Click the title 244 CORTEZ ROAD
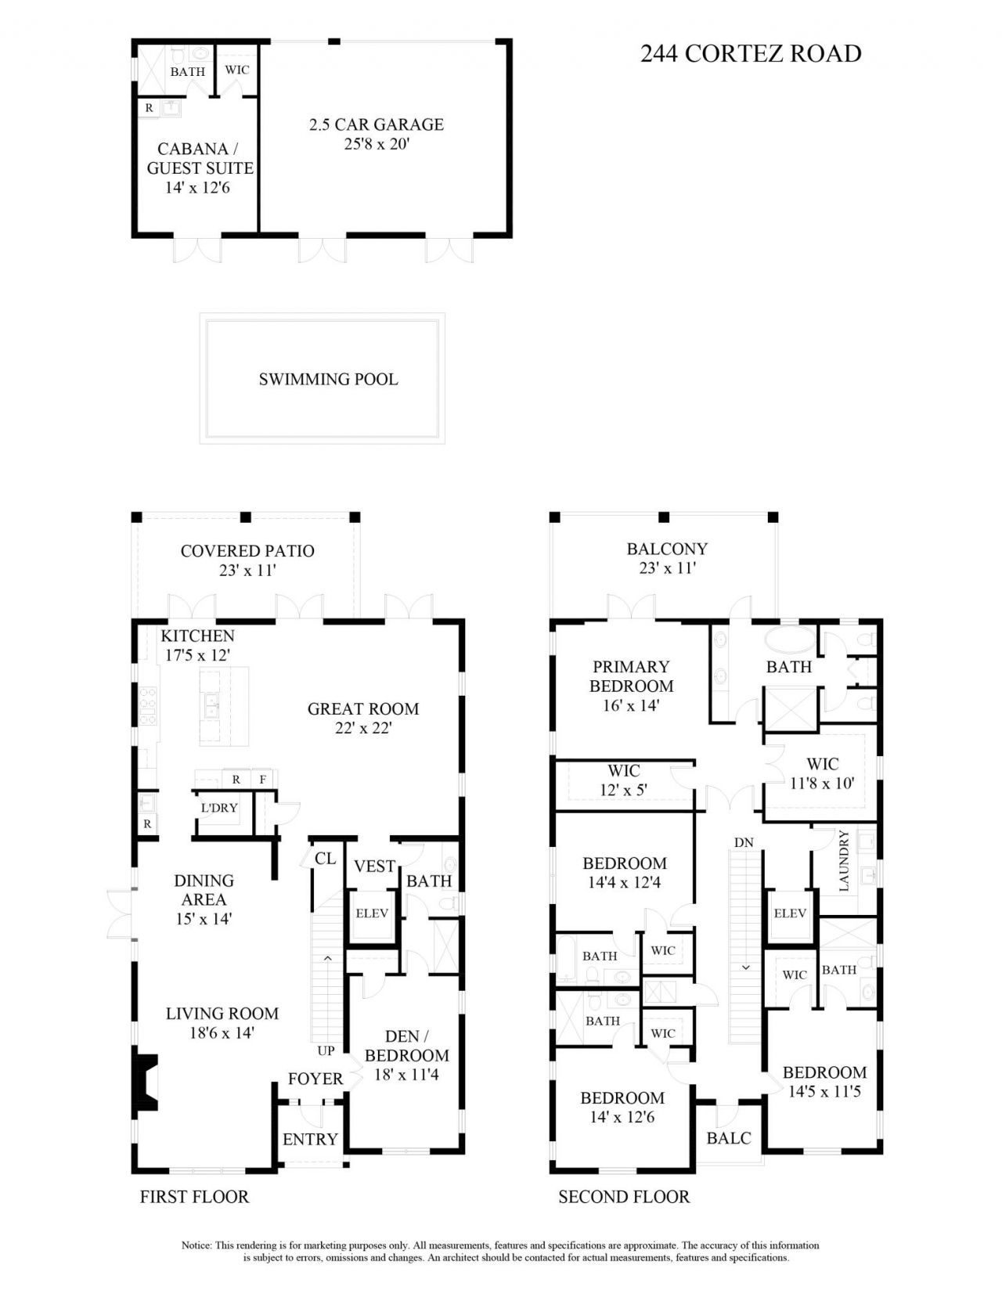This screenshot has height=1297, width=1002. (x=750, y=53)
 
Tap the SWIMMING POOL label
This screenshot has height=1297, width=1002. (x=328, y=380)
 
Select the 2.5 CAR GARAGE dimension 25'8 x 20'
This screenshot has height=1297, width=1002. (x=377, y=144)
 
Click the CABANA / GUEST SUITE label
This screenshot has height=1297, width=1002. (x=200, y=158)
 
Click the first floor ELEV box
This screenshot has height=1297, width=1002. (x=372, y=913)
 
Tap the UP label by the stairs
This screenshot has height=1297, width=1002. (x=326, y=1050)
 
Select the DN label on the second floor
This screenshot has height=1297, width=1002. (x=744, y=843)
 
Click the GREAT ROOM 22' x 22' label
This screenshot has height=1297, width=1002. (x=362, y=718)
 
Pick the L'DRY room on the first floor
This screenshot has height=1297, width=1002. (x=219, y=808)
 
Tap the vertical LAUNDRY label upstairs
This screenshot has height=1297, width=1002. (x=844, y=861)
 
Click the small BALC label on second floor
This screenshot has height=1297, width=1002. (x=728, y=1138)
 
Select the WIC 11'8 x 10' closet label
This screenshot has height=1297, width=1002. (x=822, y=773)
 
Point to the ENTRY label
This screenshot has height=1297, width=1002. (x=310, y=1140)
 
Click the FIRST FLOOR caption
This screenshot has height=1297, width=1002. (x=194, y=1197)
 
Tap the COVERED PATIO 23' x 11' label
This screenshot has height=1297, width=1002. (x=247, y=560)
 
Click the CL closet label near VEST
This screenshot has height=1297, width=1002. (x=325, y=859)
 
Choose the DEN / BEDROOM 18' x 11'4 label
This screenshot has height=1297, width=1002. (x=406, y=1055)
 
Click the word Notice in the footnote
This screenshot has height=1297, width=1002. (x=196, y=1245)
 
